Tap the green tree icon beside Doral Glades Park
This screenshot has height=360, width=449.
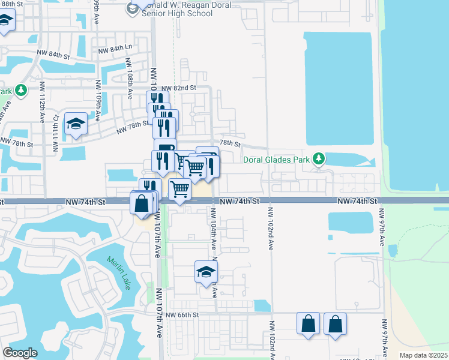[319, 159]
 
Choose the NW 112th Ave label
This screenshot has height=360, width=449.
[43, 112]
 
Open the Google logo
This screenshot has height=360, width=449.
[20, 353]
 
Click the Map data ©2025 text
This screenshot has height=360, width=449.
[423, 355]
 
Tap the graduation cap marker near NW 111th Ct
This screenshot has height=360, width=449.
[76, 124]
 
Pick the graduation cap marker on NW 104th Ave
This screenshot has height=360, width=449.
[205, 272]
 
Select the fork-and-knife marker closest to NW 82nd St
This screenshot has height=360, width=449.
[154, 100]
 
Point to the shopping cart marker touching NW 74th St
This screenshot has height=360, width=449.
[179, 190]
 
